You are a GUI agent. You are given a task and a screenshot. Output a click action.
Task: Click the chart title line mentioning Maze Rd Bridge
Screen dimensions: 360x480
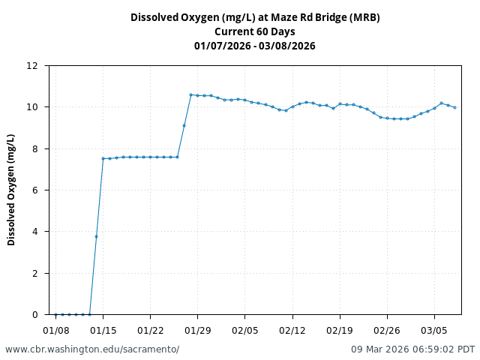(x=255, y=17)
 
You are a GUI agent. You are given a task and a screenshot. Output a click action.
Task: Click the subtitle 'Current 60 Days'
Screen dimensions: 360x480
(x=255, y=31)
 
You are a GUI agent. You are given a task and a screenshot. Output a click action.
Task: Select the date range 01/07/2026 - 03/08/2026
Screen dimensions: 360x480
(x=255, y=46)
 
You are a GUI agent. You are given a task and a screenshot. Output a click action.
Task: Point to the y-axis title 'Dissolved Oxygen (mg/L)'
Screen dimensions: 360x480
(x=11, y=190)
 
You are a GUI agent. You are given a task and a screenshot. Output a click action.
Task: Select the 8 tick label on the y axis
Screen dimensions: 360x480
(x=34, y=148)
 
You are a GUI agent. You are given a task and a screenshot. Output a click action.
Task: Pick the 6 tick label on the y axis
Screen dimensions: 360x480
(x=34, y=190)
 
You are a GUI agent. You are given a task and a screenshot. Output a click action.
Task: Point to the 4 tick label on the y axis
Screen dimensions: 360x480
(x=34, y=232)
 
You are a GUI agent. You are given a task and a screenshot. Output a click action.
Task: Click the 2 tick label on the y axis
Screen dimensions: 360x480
(x=34, y=274)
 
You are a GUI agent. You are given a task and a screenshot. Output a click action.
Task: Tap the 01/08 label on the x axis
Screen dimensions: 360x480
(x=55, y=329)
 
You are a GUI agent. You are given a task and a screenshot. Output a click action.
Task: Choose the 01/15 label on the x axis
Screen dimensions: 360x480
(x=103, y=329)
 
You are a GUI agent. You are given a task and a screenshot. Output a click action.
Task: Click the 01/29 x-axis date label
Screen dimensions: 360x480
(x=197, y=329)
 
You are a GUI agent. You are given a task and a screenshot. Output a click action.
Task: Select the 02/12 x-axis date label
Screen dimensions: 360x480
(x=292, y=329)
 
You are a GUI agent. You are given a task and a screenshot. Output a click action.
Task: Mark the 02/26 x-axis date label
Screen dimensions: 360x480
(x=387, y=329)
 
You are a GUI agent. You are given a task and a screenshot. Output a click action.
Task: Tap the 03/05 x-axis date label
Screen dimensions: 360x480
(x=434, y=329)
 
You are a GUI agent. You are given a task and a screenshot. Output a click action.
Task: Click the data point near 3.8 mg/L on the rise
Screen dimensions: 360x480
(x=96, y=236)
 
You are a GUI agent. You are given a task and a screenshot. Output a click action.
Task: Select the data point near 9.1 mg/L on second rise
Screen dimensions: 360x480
(x=184, y=125)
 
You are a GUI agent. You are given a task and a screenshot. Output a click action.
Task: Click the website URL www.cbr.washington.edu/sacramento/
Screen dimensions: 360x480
(x=92, y=349)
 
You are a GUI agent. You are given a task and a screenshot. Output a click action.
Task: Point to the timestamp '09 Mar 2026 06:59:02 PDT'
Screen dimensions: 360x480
(x=413, y=349)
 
